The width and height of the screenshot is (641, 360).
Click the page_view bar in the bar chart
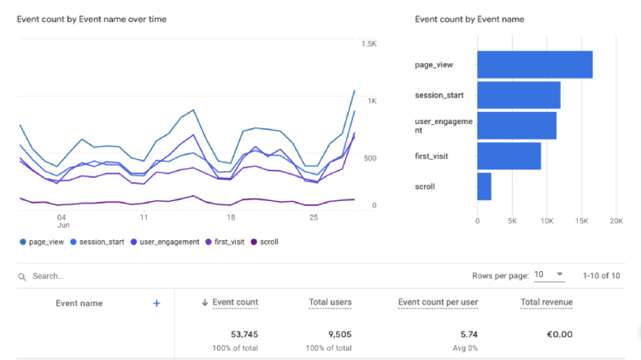(x=535, y=65)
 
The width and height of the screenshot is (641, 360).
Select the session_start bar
(x=519, y=95)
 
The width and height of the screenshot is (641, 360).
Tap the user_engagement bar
(x=517, y=126)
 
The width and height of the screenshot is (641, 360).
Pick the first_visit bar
(x=509, y=156)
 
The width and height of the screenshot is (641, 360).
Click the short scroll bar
(x=485, y=186)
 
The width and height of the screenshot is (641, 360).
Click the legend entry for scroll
(x=264, y=242)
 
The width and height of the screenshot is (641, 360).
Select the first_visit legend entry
(x=225, y=242)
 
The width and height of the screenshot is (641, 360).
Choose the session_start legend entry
(x=97, y=242)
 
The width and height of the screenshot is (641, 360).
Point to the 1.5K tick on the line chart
(x=368, y=44)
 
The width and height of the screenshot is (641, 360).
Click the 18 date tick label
(x=231, y=218)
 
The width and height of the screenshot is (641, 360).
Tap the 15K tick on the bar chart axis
(x=581, y=221)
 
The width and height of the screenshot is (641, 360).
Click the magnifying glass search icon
(x=22, y=277)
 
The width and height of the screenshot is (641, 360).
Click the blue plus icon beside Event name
(x=156, y=304)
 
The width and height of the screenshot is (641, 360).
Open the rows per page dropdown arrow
(x=560, y=274)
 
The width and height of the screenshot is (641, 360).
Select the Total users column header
(x=330, y=303)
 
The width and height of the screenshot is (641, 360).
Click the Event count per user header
(x=438, y=303)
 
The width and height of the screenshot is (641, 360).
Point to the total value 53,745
(x=244, y=334)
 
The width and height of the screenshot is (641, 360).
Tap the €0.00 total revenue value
(x=560, y=334)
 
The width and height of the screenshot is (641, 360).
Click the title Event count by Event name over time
(x=91, y=19)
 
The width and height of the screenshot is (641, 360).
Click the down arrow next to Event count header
(x=205, y=303)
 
